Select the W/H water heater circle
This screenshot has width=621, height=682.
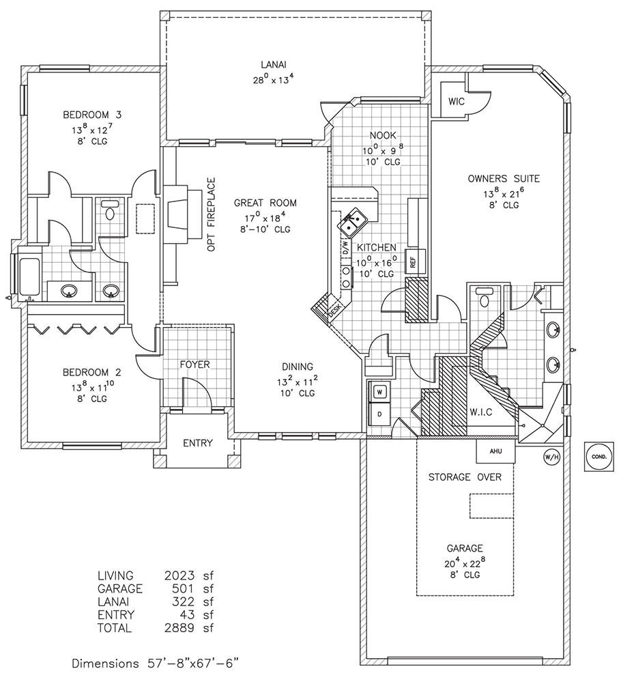tap(549, 455)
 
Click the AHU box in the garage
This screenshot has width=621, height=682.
tap(495, 451)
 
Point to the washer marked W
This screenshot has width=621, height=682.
tap(379, 392)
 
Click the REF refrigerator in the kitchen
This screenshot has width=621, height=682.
tap(412, 261)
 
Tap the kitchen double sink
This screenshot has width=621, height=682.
tap(354, 221)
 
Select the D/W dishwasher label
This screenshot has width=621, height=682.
tap(345, 249)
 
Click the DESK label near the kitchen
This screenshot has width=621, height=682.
tap(334, 309)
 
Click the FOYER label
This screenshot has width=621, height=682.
tap(194, 365)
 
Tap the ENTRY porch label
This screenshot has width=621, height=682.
tap(198, 443)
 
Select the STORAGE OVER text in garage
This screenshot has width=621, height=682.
tap(465, 477)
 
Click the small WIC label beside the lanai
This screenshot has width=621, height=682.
tap(456, 101)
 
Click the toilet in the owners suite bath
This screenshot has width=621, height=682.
tap(485, 299)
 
